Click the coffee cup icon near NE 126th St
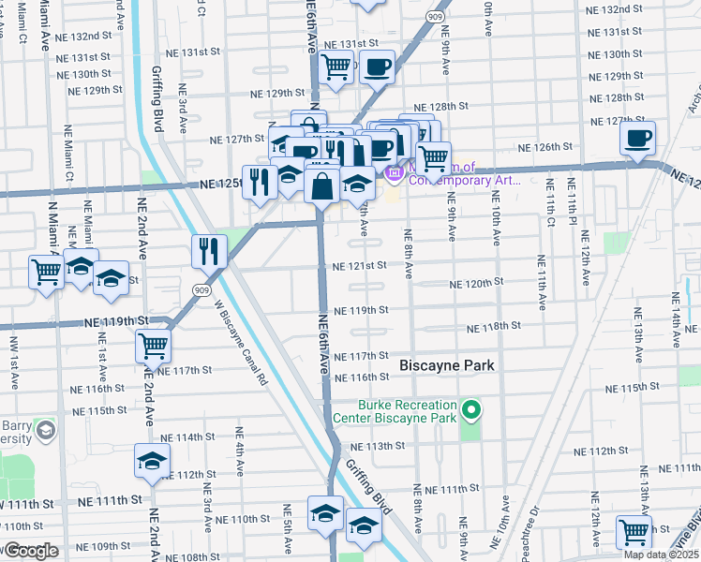point(637,139)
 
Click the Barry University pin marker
point(45,431)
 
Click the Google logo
point(31,551)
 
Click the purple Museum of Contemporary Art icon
point(395,172)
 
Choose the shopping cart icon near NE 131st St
point(335,67)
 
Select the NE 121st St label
point(360,265)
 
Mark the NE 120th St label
point(476,282)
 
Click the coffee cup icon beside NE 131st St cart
point(378,67)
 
